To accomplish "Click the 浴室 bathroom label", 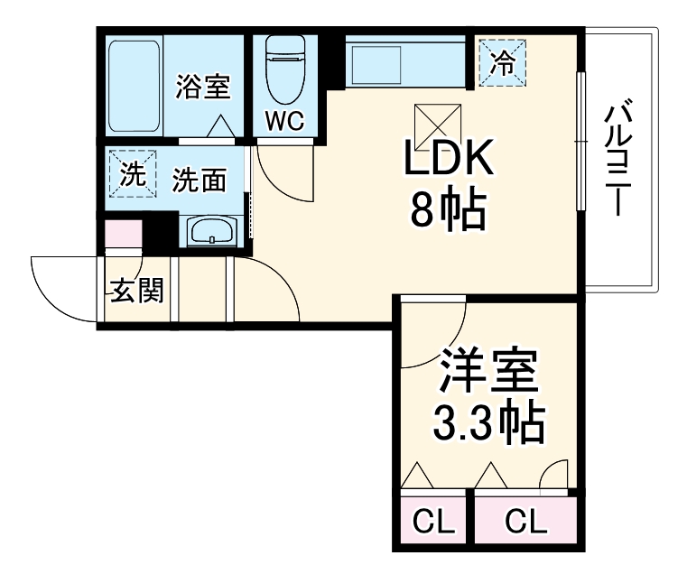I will tap(203, 88).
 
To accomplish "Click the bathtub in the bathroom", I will tap(134, 87).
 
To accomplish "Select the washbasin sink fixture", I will tap(212, 233).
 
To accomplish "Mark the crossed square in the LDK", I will tap(431, 120).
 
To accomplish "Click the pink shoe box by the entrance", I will tap(124, 234).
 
